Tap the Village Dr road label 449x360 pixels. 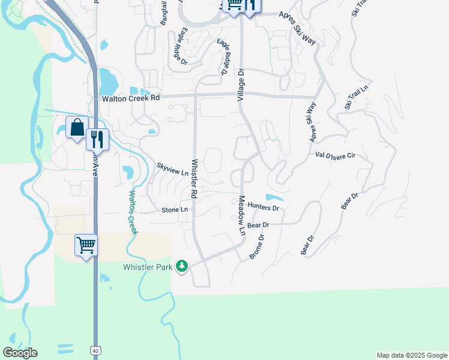tap(241, 83)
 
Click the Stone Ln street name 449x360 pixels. tap(175, 209)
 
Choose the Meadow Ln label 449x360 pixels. tap(242, 215)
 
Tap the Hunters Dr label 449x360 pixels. tap(264, 208)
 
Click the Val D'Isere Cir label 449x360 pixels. tap(336, 155)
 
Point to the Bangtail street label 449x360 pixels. tap(164, 12)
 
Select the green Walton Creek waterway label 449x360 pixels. tap(132, 212)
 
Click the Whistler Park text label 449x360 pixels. tap(148, 266)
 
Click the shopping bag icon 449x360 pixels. tap(77, 127)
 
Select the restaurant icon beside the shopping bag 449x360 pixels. tap(97, 140)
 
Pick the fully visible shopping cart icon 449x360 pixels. tap(85, 244)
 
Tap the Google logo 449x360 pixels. tap(20, 352)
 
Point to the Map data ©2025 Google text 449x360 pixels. tap(412, 355)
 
